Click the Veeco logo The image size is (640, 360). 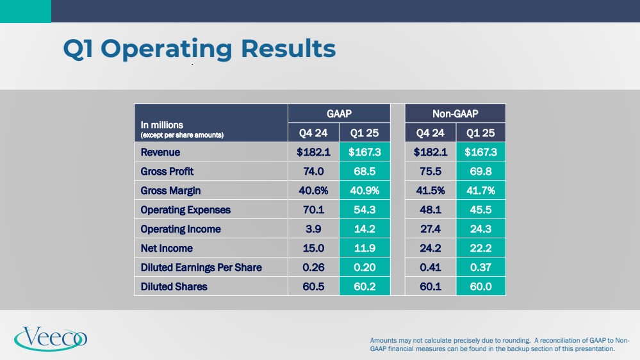(x=51, y=338)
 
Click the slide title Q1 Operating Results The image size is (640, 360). (x=199, y=49)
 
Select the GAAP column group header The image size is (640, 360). (x=339, y=113)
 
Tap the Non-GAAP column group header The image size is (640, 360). (x=455, y=113)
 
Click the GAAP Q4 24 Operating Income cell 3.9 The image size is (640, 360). (x=314, y=229)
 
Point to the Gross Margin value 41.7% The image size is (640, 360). (x=480, y=191)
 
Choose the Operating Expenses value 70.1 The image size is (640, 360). (x=314, y=210)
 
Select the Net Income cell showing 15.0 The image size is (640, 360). (x=314, y=248)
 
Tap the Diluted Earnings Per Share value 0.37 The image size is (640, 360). (x=480, y=267)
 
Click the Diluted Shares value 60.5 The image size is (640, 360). (x=314, y=286)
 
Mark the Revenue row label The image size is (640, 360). (x=161, y=152)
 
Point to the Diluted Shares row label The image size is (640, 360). (x=174, y=286)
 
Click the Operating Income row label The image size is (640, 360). (x=181, y=229)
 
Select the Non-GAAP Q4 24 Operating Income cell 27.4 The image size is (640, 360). (x=431, y=229)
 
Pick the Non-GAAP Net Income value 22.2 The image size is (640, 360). (x=480, y=248)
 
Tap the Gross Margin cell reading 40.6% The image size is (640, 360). (x=314, y=191)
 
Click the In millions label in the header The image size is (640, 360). (x=162, y=125)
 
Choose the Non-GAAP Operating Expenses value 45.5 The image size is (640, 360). (x=480, y=210)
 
